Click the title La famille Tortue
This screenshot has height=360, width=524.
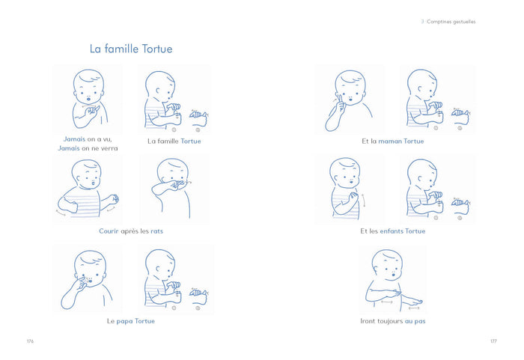pyautogui.click(x=131, y=49)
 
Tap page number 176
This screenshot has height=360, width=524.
pyautogui.click(x=31, y=341)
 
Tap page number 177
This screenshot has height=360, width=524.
pyautogui.click(x=493, y=341)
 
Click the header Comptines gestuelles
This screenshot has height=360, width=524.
pyautogui.click(x=451, y=22)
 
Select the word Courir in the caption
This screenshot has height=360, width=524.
pyautogui.click(x=109, y=231)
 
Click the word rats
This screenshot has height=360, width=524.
pyautogui.click(x=156, y=231)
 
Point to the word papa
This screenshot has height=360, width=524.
pyautogui.click(x=125, y=321)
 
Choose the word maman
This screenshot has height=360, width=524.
pyautogui.click(x=390, y=141)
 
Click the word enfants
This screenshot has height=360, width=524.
pyautogui.click(x=392, y=231)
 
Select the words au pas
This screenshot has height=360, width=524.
pyautogui.click(x=415, y=321)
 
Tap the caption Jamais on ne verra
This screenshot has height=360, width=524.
pyautogui.click(x=88, y=148)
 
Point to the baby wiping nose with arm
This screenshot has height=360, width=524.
pyautogui.click(x=172, y=188)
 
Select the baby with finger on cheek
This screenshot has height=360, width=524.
pyautogui.click(x=349, y=100)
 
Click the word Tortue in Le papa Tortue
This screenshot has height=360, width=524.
pyautogui.click(x=144, y=321)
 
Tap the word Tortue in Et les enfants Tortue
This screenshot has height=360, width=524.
pyautogui.click(x=415, y=231)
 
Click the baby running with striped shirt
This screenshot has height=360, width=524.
pyautogui.click(x=88, y=189)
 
